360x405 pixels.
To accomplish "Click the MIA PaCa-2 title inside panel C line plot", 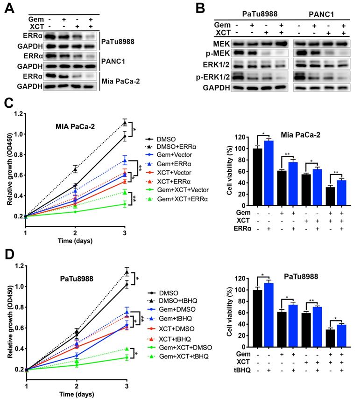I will tap(75, 126).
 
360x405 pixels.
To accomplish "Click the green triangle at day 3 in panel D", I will tap(125, 349).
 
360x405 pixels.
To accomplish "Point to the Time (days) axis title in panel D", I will tap(75, 396).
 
